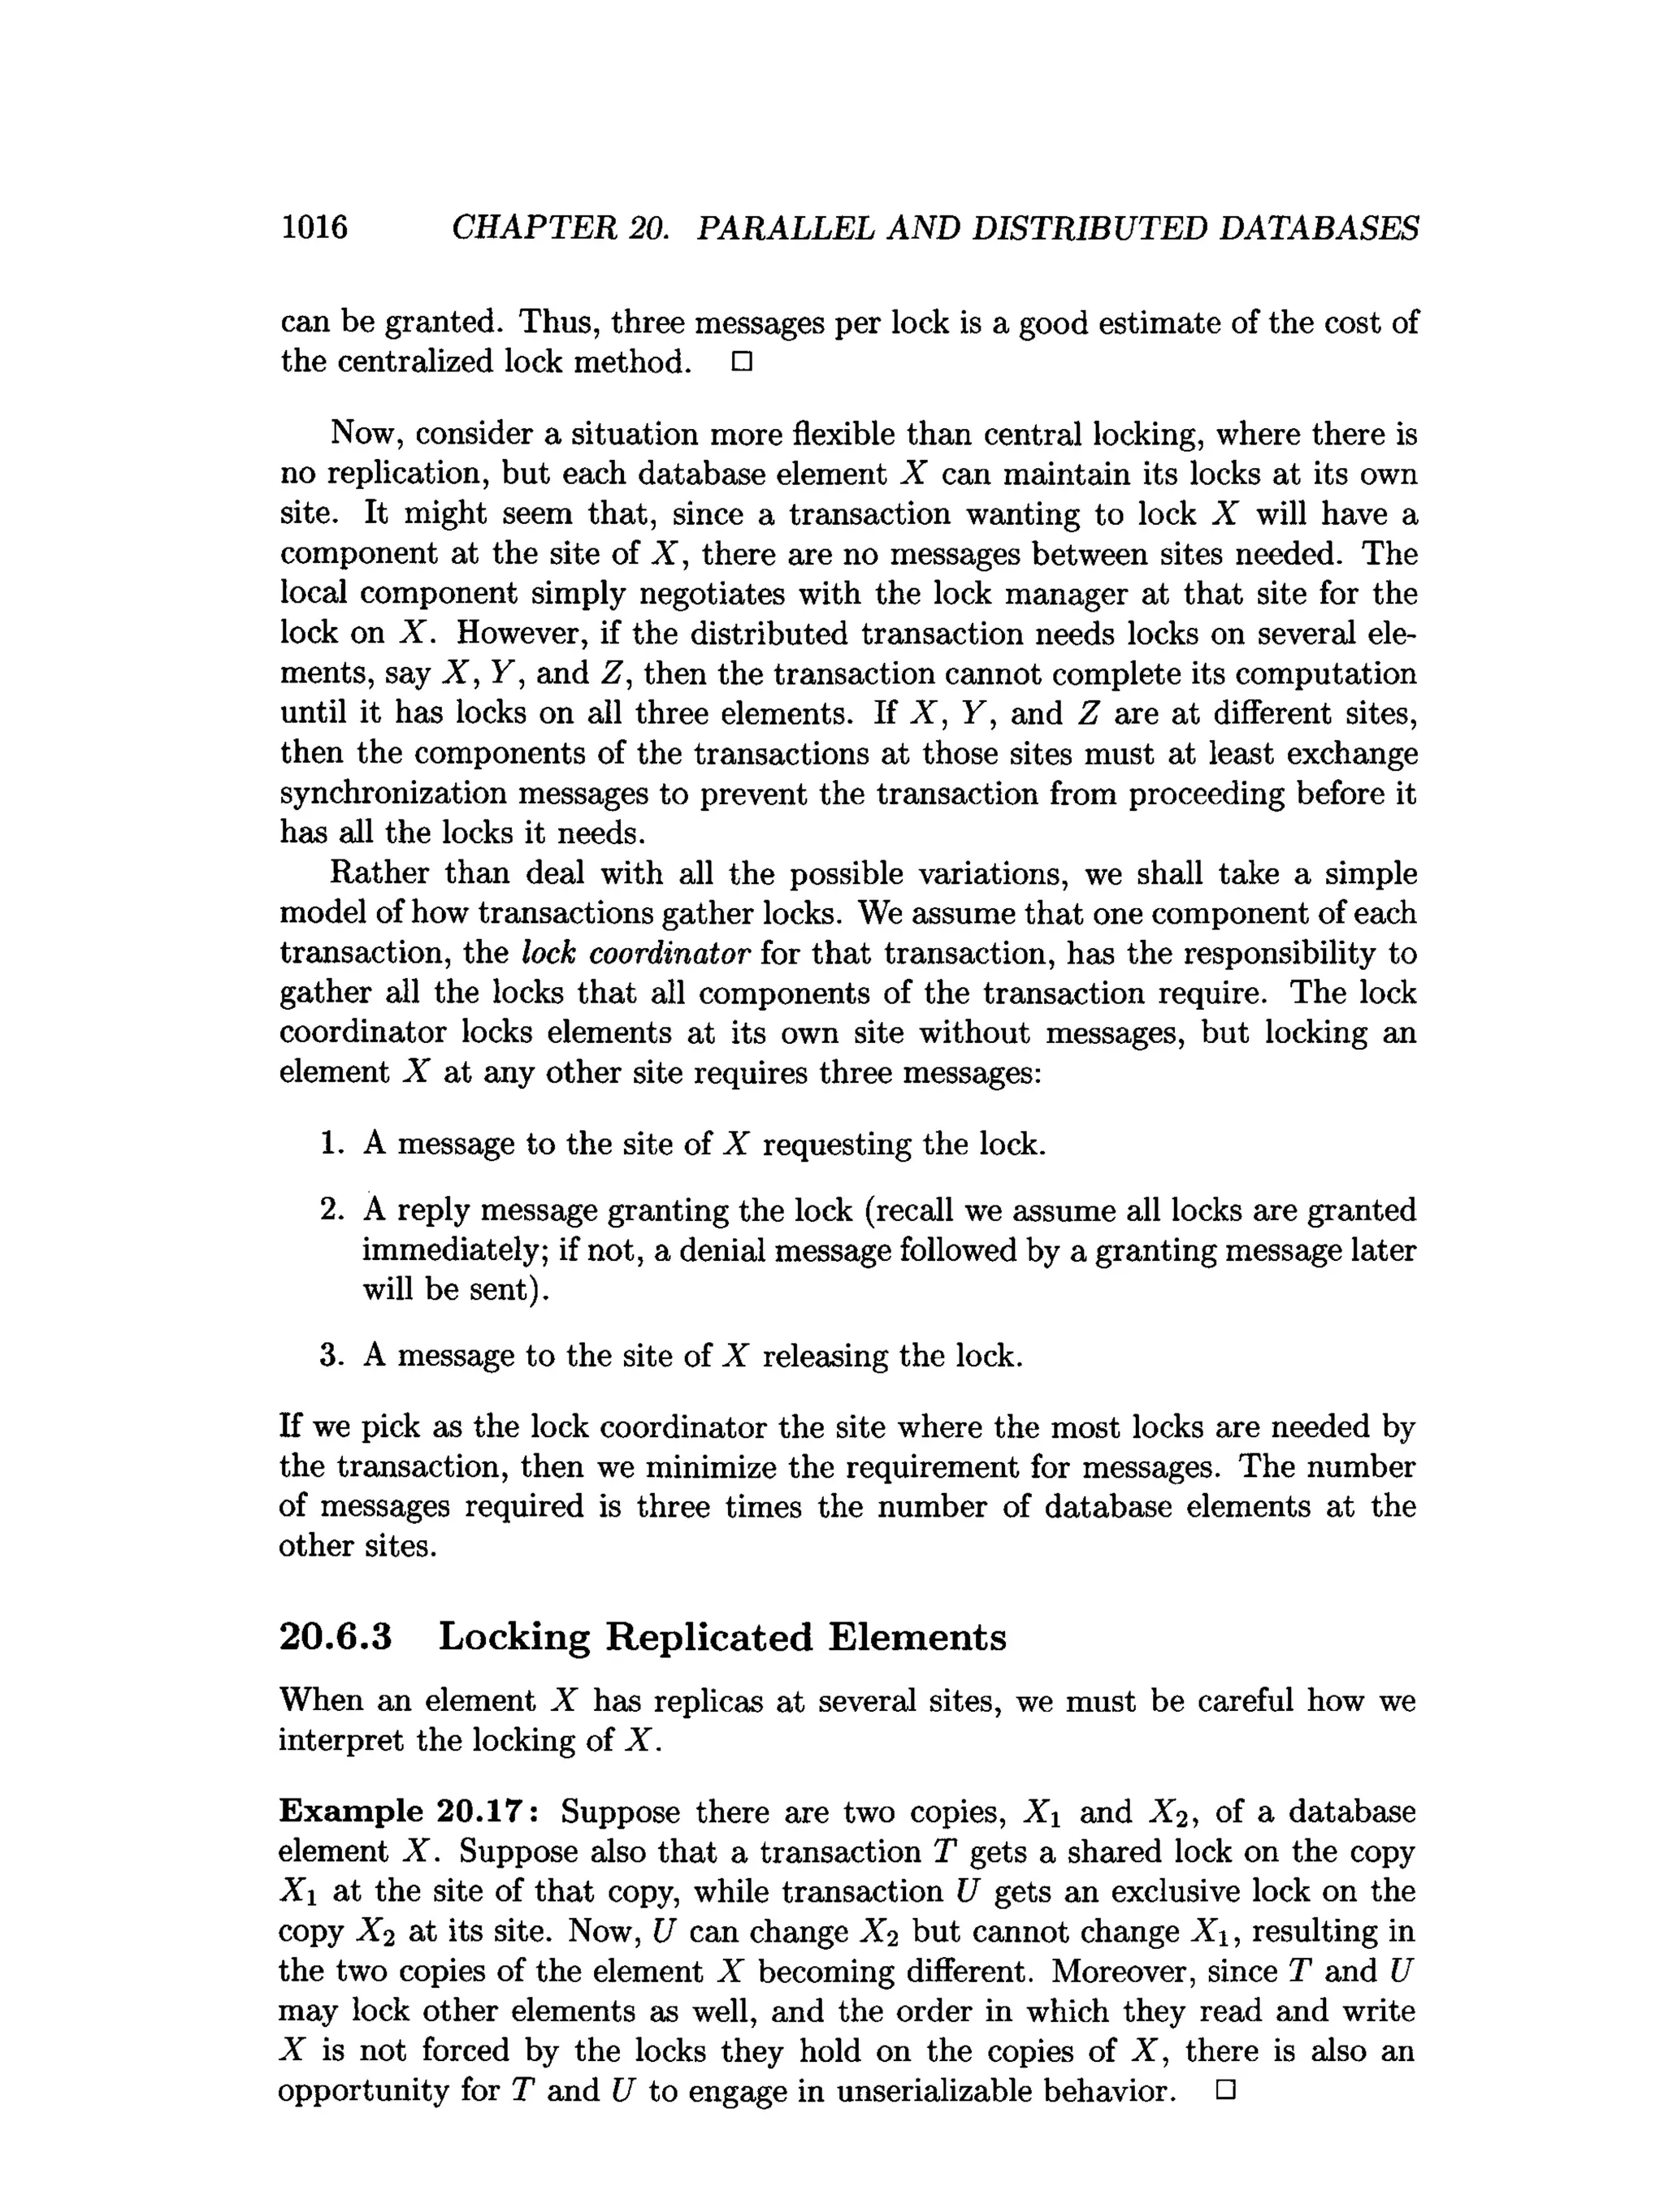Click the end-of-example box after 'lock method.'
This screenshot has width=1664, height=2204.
[740, 362]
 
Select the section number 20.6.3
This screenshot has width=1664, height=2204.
[336, 1637]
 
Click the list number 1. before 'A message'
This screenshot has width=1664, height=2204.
[331, 1143]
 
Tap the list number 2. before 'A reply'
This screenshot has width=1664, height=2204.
[331, 1210]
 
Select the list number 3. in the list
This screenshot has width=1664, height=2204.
[331, 1355]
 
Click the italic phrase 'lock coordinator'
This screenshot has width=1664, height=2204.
[635, 954]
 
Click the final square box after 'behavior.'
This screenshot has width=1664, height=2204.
[1225, 2089]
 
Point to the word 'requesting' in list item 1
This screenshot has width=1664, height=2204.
[836, 1144]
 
